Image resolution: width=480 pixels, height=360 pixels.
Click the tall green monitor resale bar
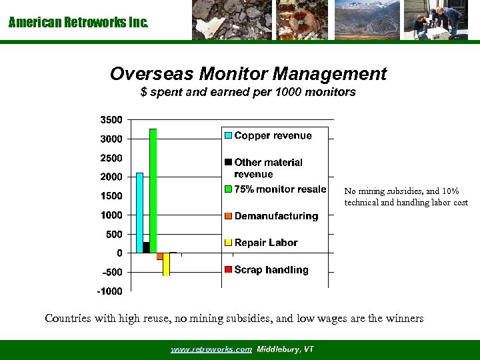(x=153, y=191)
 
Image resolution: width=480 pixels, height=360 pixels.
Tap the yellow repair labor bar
(x=166, y=264)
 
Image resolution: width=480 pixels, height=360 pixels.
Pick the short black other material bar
(x=146, y=247)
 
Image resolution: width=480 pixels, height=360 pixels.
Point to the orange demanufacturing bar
(x=159, y=256)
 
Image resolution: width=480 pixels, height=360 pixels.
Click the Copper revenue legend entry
(x=273, y=135)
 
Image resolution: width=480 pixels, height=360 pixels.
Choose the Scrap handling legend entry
(x=271, y=270)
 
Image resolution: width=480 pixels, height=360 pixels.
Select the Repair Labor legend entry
(x=265, y=243)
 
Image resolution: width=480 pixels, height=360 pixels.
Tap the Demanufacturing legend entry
(x=276, y=216)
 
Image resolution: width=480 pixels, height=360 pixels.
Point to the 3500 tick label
(x=111, y=120)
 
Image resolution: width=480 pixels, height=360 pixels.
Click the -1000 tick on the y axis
(x=110, y=291)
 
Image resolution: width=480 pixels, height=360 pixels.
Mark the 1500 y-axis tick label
(x=111, y=196)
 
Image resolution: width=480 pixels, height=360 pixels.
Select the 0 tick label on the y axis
(x=119, y=253)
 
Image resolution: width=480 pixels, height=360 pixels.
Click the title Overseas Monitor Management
(x=248, y=73)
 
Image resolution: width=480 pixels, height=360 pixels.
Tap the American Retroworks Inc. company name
(x=78, y=23)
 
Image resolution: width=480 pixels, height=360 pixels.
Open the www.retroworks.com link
(x=211, y=349)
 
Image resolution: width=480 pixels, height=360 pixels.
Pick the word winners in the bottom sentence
(x=404, y=318)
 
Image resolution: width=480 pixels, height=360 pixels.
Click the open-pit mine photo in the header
(x=367, y=19)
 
